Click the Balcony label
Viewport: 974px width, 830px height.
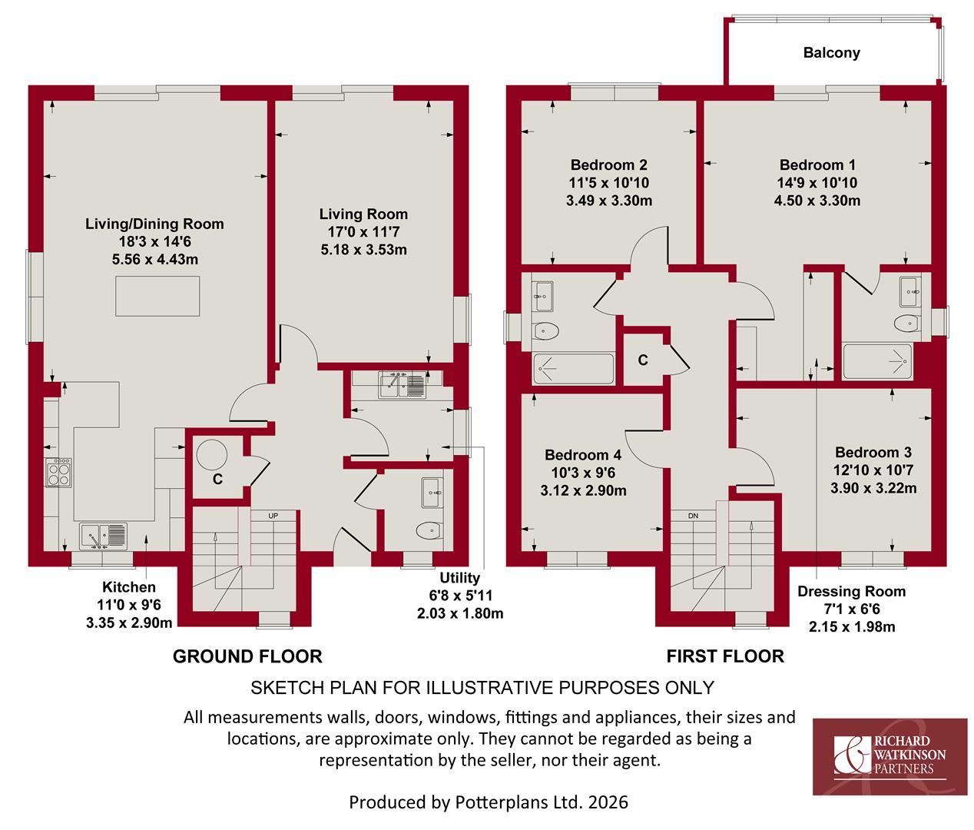[x=831, y=52]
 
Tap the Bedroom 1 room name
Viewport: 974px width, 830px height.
[x=817, y=164]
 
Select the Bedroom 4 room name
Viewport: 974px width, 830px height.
[x=583, y=455]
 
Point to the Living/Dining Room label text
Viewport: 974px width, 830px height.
[x=154, y=224]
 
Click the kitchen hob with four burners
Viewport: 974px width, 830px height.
[x=58, y=472]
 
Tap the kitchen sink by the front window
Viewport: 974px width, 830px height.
[x=103, y=536]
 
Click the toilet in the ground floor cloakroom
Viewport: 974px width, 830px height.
[x=429, y=530]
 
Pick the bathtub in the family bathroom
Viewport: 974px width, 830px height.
[x=574, y=368]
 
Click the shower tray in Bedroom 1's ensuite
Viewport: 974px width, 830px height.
[x=877, y=361]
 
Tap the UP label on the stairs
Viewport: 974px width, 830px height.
[x=273, y=516]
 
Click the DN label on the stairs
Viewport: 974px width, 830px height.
[x=693, y=516]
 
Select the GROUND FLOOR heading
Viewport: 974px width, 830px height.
[x=247, y=656]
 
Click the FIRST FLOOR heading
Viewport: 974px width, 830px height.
[x=725, y=656]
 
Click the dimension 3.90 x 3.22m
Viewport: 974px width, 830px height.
[x=873, y=488]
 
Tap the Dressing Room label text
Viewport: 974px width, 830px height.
[x=852, y=592]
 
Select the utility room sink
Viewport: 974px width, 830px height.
[x=402, y=384]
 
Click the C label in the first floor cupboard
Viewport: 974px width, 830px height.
[x=643, y=360]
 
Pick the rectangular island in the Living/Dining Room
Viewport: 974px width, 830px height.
[x=157, y=296]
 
